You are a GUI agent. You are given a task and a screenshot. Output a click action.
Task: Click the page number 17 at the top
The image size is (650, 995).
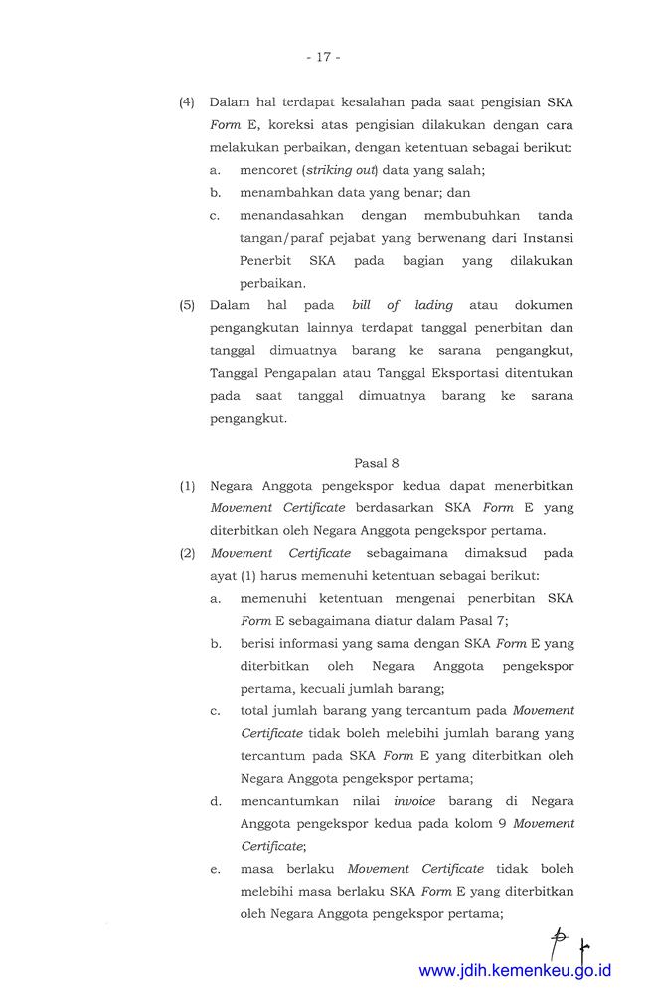(x=324, y=57)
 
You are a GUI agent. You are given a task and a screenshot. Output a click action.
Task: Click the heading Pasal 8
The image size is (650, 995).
(x=377, y=462)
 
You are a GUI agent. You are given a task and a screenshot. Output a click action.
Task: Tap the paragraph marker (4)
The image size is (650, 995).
(x=187, y=103)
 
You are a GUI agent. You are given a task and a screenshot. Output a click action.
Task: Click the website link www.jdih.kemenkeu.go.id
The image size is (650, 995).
(x=515, y=971)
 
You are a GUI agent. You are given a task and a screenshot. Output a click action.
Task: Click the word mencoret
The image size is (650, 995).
(x=269, y=170)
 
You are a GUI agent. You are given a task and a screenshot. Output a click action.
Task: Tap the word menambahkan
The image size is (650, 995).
(x=286, y=192)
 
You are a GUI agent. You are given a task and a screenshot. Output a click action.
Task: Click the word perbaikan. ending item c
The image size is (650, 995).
(x=272, y=283)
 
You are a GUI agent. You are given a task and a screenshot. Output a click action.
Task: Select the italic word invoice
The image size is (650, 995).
(x=414, y=801)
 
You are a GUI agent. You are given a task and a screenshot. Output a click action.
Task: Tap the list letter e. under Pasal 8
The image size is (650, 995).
(x=215, y=869)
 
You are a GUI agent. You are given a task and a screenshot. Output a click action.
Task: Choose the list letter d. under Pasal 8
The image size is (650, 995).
(x=215, y=801)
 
